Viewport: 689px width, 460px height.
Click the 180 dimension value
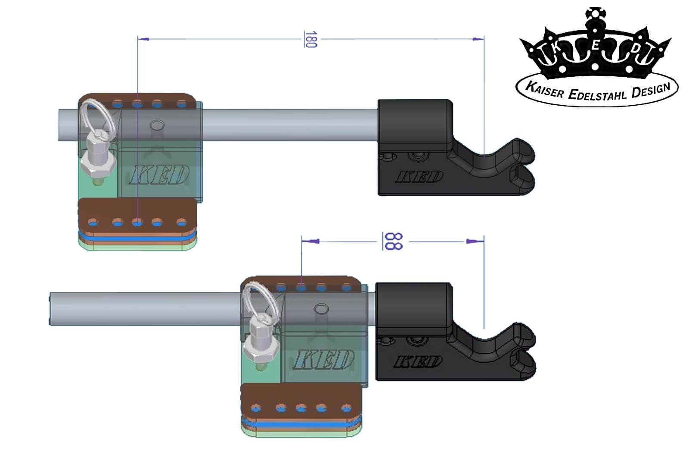pos(310,39)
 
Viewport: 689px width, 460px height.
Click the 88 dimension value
pos(393,241)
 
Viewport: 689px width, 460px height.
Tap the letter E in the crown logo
pos(595,46)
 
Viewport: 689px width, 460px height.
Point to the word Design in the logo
pos(651,91)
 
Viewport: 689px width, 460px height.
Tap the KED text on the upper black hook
pos(419,177)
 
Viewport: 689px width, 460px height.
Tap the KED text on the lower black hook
pos(417,361)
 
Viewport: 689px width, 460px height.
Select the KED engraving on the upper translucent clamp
pos(159,175)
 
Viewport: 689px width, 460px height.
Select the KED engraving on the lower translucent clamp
pos(322,359)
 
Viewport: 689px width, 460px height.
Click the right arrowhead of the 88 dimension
pos(475,241)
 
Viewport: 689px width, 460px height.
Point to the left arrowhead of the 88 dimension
pos(310,241)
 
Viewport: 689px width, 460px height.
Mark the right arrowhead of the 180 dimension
pos(478,39)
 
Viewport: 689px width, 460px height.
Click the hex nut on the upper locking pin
pos(98,164)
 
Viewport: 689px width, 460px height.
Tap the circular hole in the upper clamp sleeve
pos(157,125)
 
